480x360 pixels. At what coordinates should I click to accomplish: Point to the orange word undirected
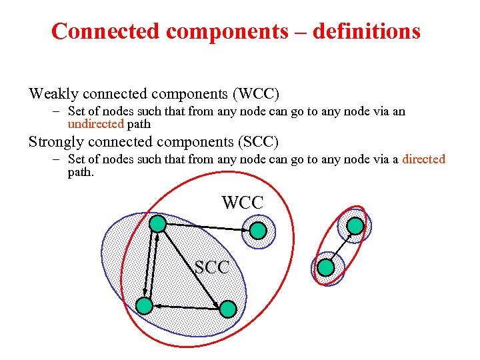[x=96, y=123]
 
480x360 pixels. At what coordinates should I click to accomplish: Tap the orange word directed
[x=423, y=159]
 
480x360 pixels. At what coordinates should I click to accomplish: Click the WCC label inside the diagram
[x=243, y=203]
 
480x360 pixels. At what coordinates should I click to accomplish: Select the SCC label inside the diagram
[x=212, y=268]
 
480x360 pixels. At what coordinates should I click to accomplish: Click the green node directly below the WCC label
[x=258, y=231]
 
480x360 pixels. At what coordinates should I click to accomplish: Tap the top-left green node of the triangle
[x=157, y=223]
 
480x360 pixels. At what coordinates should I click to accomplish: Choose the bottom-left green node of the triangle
[x=144, y=306]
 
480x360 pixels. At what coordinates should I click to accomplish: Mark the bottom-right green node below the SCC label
[x=228, y=309]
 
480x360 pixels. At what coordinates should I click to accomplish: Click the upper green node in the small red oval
[x=355, y=226]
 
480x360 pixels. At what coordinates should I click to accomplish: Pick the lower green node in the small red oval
[x=325, y=268]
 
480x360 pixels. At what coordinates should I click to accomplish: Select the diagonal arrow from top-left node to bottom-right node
[x=193, y=267]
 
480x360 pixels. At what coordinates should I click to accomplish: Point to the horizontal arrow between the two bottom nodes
[x=186, y=307]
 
